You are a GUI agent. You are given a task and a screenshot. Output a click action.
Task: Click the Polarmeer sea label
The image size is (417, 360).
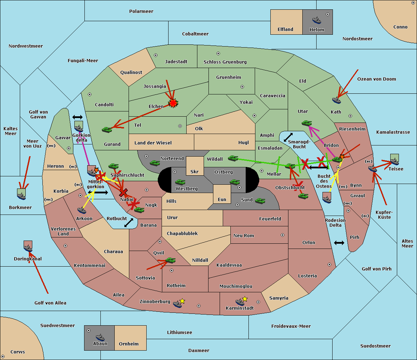pos(141,11)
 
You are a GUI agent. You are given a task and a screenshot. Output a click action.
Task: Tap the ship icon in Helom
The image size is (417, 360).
pos(317,20)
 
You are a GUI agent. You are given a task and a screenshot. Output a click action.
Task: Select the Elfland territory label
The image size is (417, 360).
pos(285,30)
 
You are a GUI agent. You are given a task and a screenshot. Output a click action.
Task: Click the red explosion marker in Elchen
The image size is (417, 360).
pos(173,103)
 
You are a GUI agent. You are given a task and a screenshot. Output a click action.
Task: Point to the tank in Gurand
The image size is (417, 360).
pos(107,129)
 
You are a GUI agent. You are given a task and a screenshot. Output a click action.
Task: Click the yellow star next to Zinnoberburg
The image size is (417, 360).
pos(182,301)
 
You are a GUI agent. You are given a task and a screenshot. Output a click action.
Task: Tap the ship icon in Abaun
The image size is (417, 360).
pos(100,337)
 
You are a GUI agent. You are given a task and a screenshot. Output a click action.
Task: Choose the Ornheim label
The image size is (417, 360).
pos(129,344)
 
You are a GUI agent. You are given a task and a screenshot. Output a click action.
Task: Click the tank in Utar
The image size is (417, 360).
pos(306,123)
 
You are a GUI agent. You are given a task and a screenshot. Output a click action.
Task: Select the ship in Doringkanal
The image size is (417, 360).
pos(28,248)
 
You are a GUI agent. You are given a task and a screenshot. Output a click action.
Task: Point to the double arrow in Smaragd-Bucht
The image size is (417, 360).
pos(288,137)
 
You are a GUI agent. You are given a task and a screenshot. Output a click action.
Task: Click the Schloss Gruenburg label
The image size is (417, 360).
pos(225,62)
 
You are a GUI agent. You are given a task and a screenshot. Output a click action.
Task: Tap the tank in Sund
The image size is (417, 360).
pos(260,201)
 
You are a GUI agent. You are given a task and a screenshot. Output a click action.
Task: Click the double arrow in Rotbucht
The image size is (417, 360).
pos(129,223)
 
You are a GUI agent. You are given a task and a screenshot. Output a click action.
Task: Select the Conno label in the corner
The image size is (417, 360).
pos(400,27)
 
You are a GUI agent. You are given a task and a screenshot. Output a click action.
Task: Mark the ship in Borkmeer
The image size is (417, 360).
pos(22,195)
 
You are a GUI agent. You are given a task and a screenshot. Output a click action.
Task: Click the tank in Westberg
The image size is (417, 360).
pos(180,182)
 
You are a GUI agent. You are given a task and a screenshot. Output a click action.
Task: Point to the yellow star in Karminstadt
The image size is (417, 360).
pos(245,299)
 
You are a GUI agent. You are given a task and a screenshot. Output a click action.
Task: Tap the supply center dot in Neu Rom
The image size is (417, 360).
pos(283,235)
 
